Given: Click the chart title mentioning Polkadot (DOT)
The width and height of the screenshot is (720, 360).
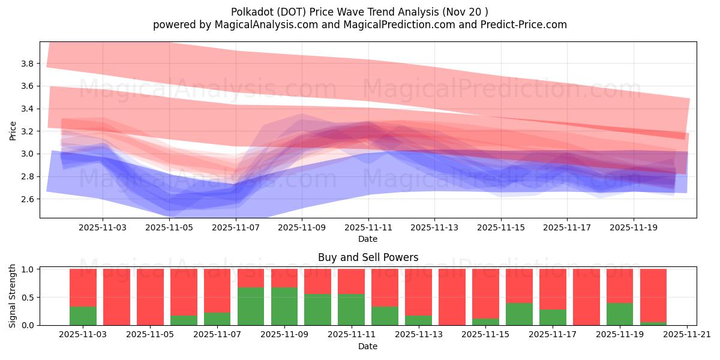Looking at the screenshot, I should click(x=359, y=11).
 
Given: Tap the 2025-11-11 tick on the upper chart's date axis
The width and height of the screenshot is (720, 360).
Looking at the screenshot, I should click(x=368, y=228).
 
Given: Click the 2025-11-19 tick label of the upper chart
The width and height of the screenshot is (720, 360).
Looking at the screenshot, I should click(x=634, y=228).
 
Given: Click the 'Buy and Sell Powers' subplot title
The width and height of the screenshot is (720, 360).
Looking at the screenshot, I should click(x=368, y=258).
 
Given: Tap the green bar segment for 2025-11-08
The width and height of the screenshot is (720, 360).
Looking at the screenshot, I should click(x=251, y=306).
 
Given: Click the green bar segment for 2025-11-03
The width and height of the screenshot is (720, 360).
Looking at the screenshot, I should click(x=83, y=316).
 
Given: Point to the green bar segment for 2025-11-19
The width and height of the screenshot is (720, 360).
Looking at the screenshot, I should click(x=620, y=314).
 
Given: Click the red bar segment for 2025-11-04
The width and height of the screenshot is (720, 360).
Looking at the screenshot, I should click(x=116, y=297).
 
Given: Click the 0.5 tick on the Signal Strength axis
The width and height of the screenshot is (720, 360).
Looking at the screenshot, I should click(x=28, y=297).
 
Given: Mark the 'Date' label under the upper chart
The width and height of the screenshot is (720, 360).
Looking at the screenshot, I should click(x=368, y=239).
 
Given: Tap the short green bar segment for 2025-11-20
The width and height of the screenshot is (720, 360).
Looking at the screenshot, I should click(x=653, y=323).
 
